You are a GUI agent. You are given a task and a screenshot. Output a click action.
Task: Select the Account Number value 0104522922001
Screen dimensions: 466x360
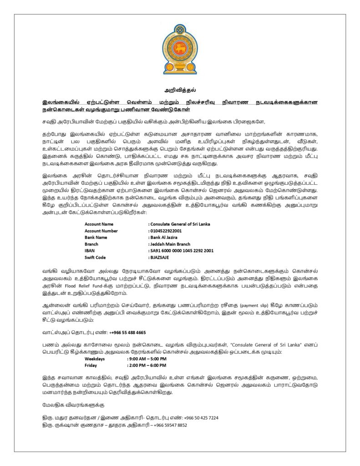[166, 231]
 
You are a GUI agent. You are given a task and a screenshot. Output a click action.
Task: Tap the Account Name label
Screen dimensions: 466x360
[99, 224]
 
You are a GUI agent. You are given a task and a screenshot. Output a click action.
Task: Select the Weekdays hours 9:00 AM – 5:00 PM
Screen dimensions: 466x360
[147, 359]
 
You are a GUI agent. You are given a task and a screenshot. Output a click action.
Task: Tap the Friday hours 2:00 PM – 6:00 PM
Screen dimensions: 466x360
[147, 365]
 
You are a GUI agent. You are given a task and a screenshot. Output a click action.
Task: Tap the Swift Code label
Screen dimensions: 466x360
[95, 257]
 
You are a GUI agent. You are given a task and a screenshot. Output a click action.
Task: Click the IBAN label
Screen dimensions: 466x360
[89, 250]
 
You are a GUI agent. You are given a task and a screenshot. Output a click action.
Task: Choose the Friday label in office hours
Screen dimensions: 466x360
[91, 365]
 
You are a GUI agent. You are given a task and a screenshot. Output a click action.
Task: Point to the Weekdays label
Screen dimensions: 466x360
[95, 359]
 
